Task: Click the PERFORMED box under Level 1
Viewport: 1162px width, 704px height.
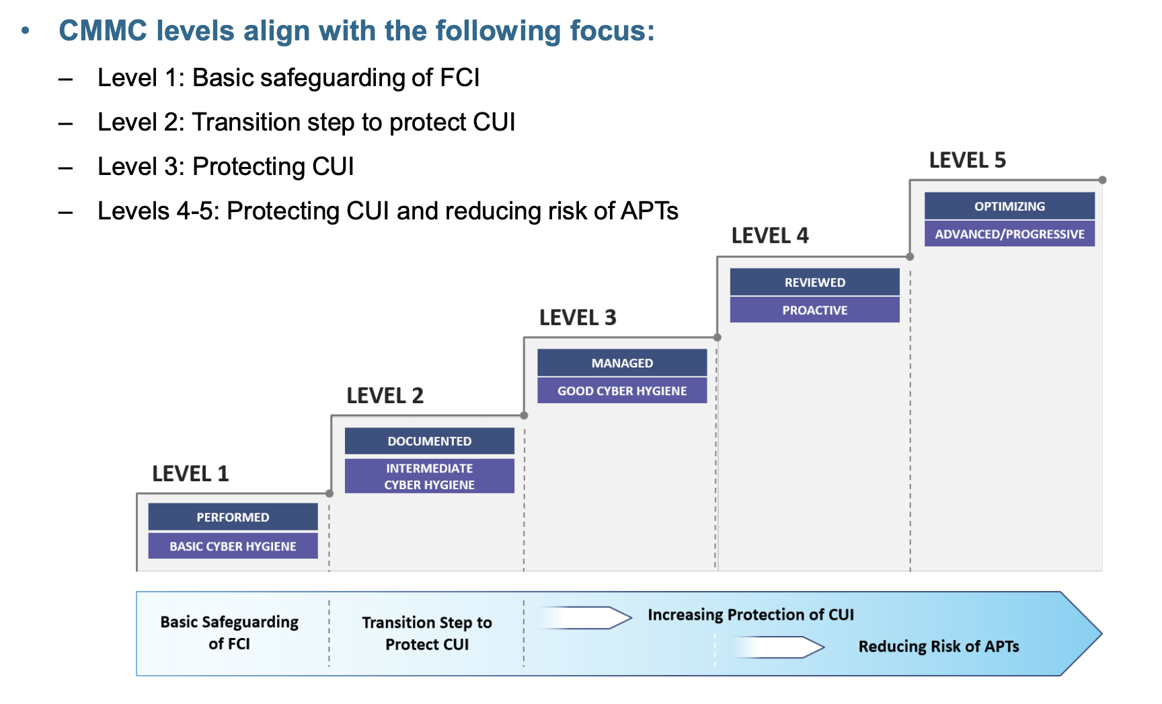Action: pyautogui.click(x=233, y=517)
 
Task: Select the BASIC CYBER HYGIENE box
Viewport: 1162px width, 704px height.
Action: pyautogui.click(x=233, y=546)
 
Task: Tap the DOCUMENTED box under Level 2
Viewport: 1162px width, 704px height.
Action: pyautogui.click(x=429, y=441)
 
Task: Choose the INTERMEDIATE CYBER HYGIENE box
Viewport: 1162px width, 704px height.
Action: pyautogui.click(x=429, y=476)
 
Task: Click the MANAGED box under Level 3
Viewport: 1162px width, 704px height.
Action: pyautogui.click(x=622, y=363)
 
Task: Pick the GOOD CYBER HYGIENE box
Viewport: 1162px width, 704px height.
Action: pyautogui.click(x=622, y=390)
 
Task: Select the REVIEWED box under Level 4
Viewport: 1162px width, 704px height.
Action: pyautogui.click(x=814, y=282)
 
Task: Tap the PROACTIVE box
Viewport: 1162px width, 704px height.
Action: pyautogui.click(x=814, y=310)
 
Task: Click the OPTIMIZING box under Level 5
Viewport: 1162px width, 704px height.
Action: pyautogui.click(x=1009, y=206)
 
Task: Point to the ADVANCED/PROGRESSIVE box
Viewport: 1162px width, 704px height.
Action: pyautogui.click(x=1009, y=234)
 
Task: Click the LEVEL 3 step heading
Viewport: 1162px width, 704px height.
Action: pyautogui.click(x=578, y=318)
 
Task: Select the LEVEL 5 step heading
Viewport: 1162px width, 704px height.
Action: pyautogui.click(x=967, y=160)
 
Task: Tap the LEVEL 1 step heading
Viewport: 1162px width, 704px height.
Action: pyautogui.click(x=190, y=474)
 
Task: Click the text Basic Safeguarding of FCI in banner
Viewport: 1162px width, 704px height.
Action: pyautogui.click(x=229, y=633)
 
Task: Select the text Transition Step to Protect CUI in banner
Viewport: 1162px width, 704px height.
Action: pyautogui.click(x=427, y=633)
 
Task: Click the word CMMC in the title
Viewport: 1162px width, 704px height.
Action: pyautogui.click(x=103, y=31)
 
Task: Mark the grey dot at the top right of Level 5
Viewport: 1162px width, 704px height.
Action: pyautogui.click(x=1102, y=180)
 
